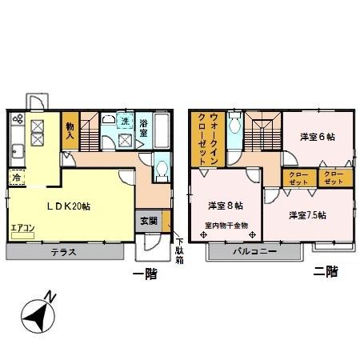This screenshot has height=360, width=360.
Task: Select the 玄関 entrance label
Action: (149, 221)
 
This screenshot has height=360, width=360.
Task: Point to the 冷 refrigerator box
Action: (16, 178)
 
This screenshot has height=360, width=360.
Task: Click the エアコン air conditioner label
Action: (22, 227)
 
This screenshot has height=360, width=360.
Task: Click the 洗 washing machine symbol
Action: (126, 122)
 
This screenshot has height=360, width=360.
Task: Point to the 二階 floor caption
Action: (326, 272)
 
